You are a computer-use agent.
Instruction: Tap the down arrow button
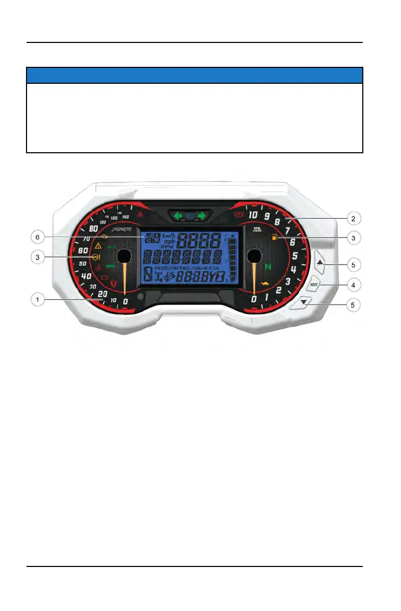(x=303, y=302)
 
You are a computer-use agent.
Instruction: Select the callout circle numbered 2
(x=352, y=217)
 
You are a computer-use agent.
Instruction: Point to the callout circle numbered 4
(x=352, y=285)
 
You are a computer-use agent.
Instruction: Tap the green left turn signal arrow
(x=178, y=216)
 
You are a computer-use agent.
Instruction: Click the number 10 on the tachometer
(x=253, y=215)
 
